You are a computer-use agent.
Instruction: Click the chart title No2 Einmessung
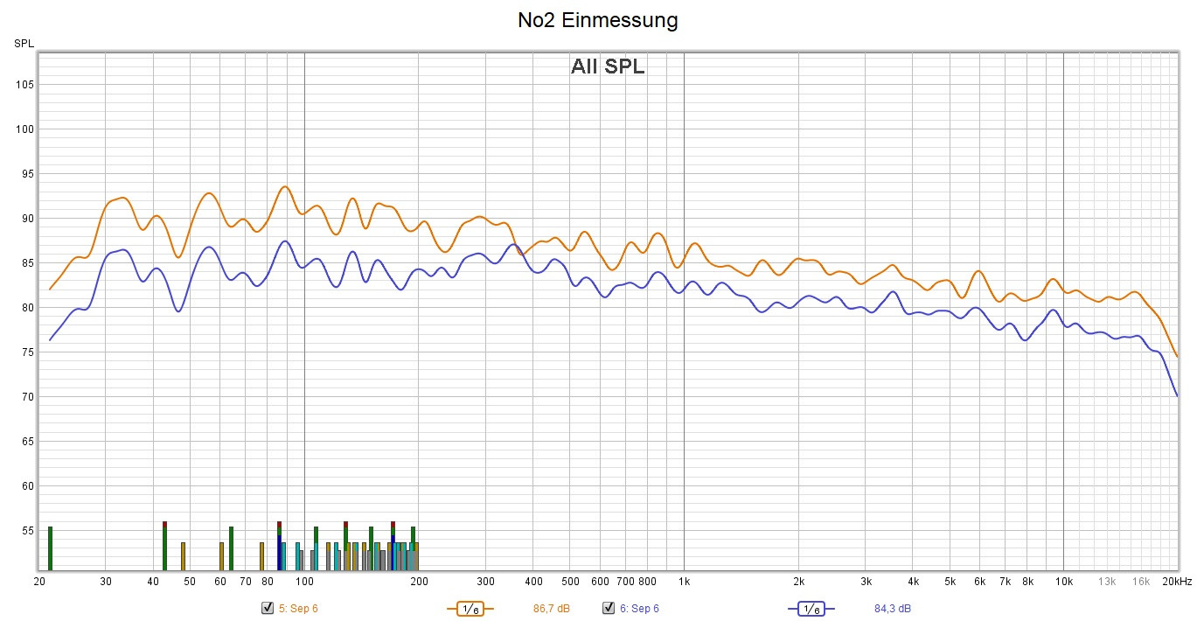(597, 20)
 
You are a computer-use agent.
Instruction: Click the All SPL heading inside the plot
(608, 66)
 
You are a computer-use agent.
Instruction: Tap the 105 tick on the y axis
(24, 85)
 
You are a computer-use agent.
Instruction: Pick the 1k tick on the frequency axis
(684, 582)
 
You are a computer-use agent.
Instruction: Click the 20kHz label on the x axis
(1177, 582)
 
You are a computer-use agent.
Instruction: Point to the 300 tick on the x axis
(485, 582)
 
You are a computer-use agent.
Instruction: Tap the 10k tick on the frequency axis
(1063, 582)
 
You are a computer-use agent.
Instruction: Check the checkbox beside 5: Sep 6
(268, 609)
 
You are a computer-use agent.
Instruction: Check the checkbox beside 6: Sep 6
(609, 609)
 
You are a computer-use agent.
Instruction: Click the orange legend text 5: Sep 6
(298, 609)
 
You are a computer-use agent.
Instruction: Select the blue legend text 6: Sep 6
(639, 609)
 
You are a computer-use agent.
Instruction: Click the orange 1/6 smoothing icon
(470, 609)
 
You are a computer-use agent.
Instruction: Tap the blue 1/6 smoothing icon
(811, 609)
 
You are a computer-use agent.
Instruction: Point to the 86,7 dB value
(552, 609)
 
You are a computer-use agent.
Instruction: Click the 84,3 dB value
(893, 609)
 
